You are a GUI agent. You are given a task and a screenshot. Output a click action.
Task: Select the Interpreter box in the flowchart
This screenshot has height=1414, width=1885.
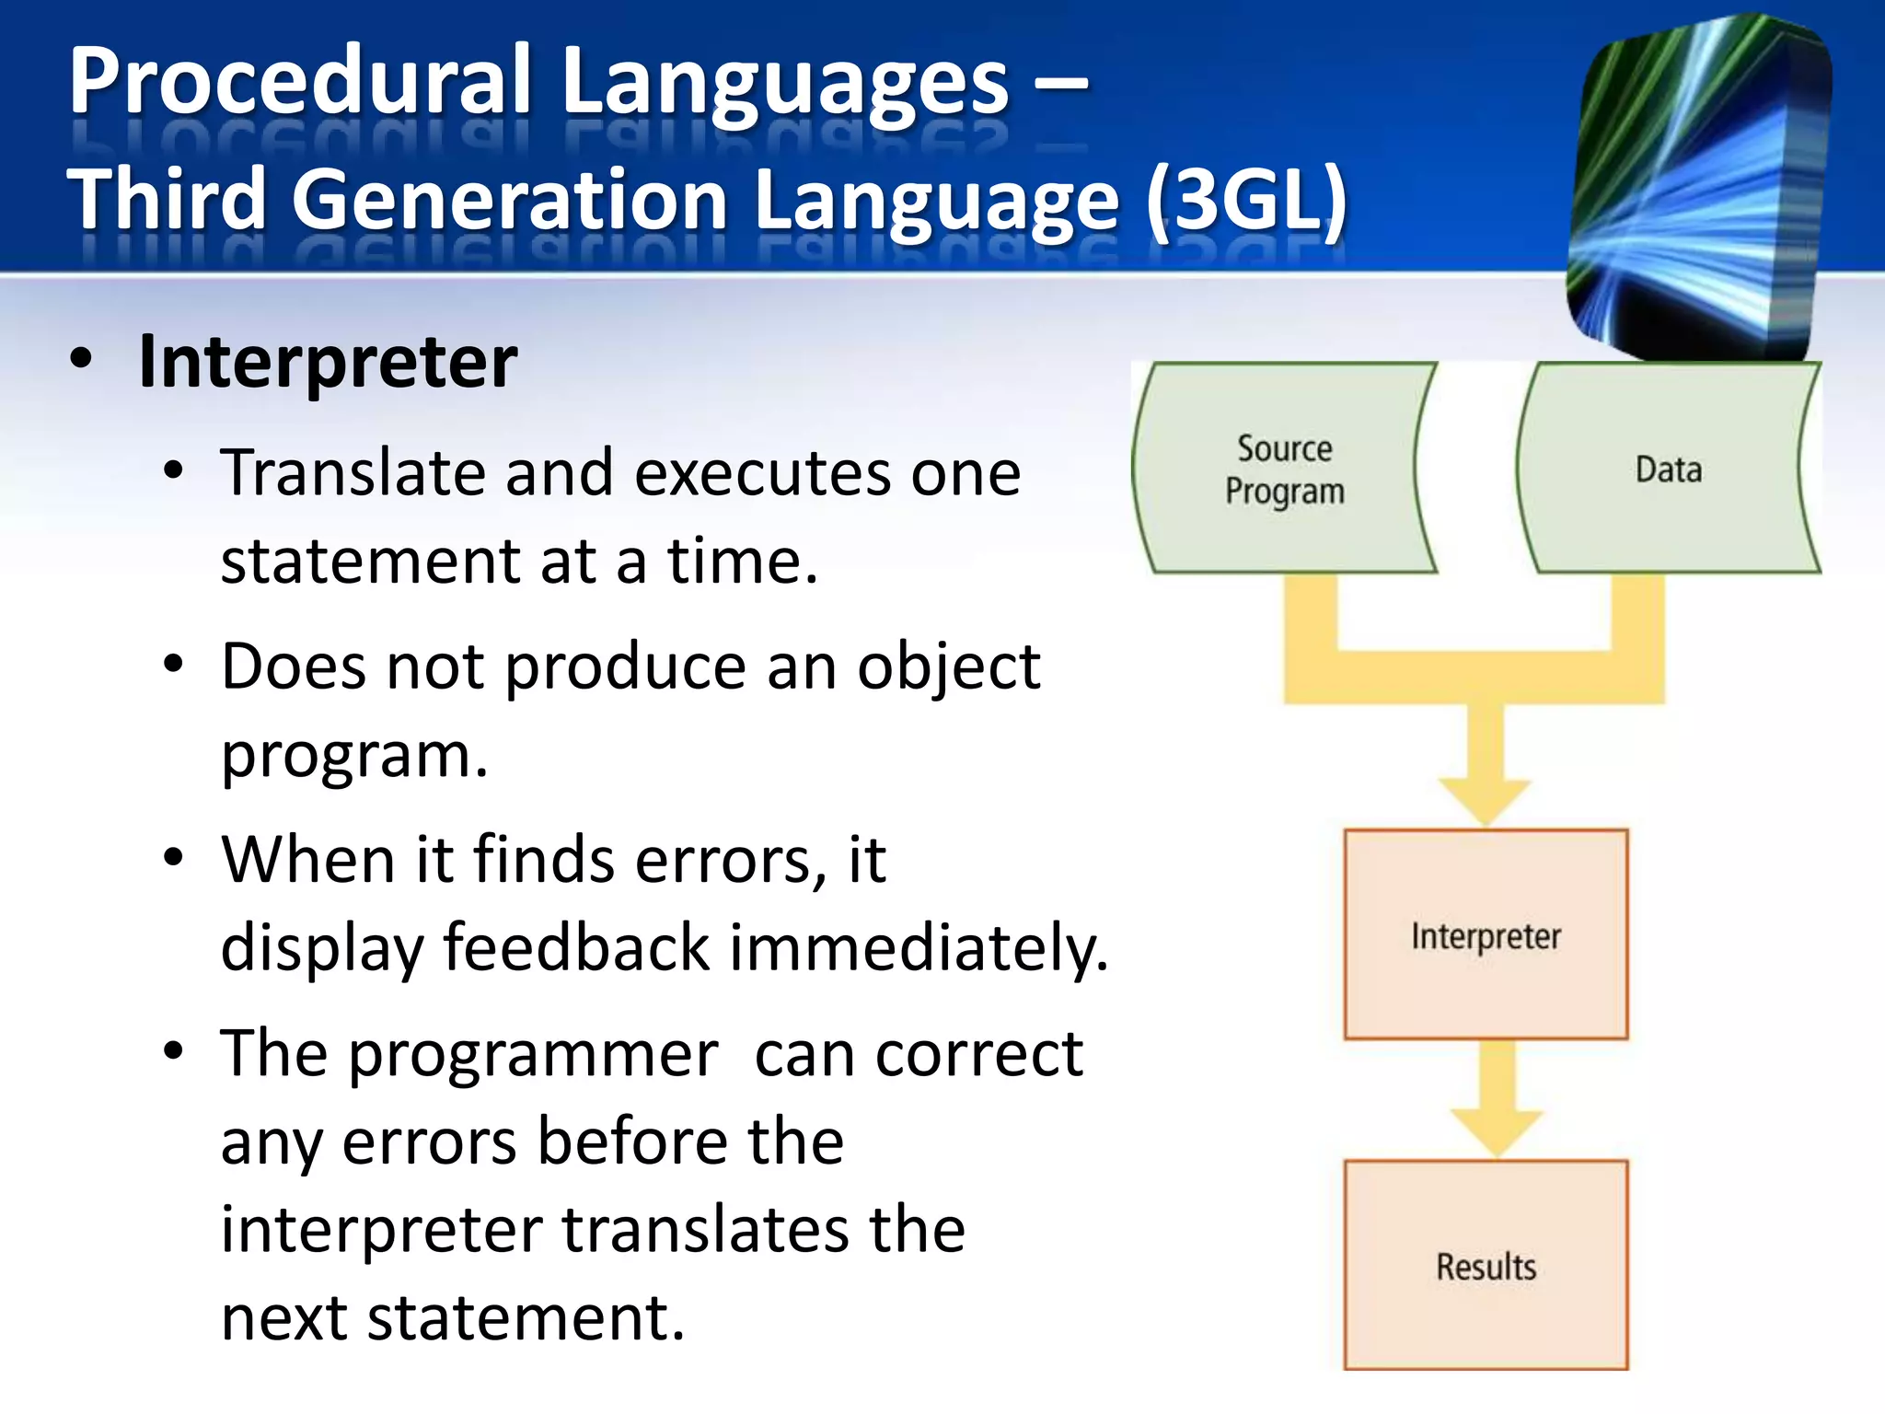tap(1486, 935)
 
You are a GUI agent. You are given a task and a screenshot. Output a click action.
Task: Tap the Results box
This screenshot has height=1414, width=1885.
tap(1486, 1266)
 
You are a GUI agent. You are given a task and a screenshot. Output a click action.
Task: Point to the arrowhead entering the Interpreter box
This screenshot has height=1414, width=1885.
tap(1485, 801)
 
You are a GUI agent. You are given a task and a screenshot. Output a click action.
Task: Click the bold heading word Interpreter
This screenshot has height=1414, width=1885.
tap(328, 362)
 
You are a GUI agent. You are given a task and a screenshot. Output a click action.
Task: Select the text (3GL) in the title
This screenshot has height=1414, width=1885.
tap(1247, 200)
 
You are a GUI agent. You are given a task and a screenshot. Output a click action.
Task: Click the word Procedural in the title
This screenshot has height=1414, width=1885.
tap(300, 81)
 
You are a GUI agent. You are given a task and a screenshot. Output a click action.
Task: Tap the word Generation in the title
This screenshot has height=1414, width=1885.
tap(511, 200)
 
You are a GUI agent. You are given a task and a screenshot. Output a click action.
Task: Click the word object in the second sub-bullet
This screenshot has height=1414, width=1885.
tap(948, 666)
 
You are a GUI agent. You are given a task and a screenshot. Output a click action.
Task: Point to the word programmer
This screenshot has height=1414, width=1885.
tap(534, 1053)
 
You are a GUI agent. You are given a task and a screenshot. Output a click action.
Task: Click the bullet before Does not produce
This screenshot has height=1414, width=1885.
tap(173, 665)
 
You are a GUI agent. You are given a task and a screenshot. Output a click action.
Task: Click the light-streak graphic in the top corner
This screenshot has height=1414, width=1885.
tap(1698, 184)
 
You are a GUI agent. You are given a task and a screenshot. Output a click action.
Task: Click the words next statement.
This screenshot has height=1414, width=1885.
tap(452, 1317)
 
